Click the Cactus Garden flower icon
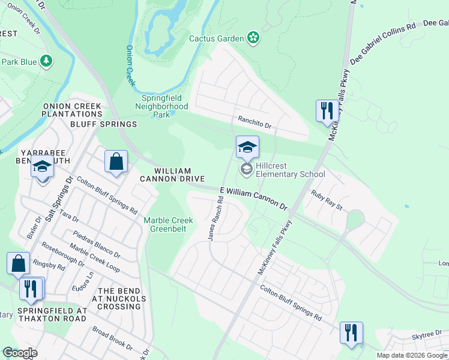[x=254, y=38]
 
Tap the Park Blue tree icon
[x=46, y=61]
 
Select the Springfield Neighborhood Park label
[x=164, y=106]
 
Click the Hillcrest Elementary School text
[x=291, y=170]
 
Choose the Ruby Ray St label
[x=326, y=200]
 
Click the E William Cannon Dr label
[x=254, y=198]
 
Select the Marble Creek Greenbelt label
[x=169, y=224]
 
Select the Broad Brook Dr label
[x=112, y=338]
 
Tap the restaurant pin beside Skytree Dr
[x=351, y=333]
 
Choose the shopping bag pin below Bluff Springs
[x=116, y=163]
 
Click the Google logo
[x=20, y=353]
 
